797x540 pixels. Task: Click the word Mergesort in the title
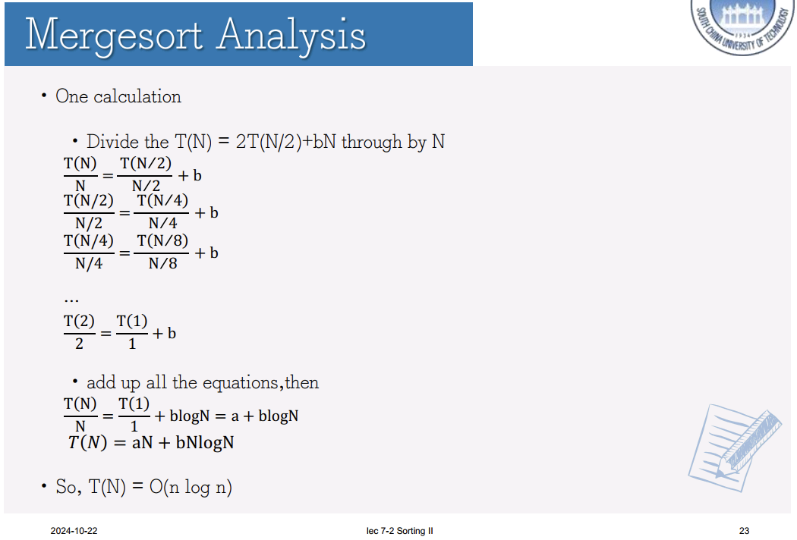coord(115,36)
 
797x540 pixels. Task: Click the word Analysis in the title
coord(291,36)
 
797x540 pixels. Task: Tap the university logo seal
coord(743,25)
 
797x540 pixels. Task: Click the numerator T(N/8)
coord(162,240)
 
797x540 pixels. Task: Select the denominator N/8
coord(162,263)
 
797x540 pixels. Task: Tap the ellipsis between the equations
coord(71,301)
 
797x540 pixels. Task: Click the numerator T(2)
coord(79,322)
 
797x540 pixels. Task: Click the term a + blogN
coord(264,416)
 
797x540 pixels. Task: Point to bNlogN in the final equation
coord(205,442)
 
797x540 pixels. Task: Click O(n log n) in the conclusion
coord(191,487)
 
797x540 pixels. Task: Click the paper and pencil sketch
coord(735,447)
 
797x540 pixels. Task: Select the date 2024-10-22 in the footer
coord(74,531)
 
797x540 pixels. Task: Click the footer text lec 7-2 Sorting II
coord(399,531)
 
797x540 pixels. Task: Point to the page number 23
coord(744,531)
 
